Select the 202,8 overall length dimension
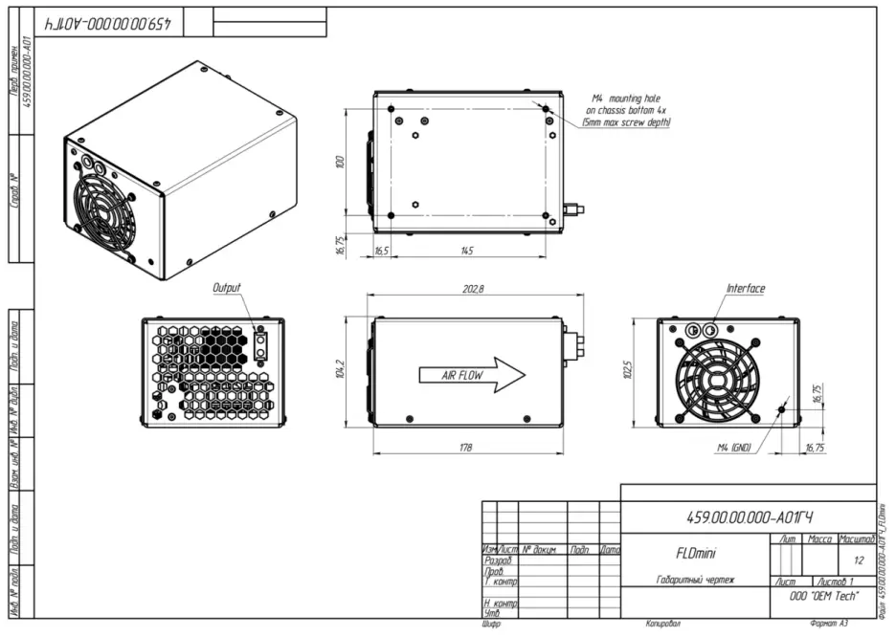pos(473,289)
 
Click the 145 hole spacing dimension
pos(467,251)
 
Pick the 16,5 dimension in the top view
pos(380,251)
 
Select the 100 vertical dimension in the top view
pos(340,163)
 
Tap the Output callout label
pos(226,287)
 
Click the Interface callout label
pos(746,288)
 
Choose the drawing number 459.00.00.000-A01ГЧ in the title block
pos(750,517)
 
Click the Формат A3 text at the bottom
pos(828,624)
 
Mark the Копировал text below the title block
pos(662,624)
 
